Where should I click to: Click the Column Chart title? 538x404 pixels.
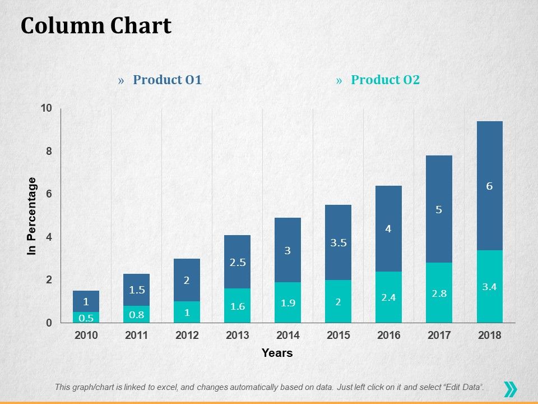96,26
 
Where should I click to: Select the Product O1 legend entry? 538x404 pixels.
167,80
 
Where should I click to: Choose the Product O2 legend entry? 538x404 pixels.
385,80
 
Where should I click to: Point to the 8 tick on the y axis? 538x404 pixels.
48,151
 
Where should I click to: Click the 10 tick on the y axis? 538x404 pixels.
46,108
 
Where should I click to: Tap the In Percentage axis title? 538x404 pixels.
32,216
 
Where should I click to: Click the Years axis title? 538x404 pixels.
277,353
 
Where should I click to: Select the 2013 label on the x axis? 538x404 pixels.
238,336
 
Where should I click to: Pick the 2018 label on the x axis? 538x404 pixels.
489,336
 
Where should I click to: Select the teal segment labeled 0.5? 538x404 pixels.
86,318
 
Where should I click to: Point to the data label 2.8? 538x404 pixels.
439,293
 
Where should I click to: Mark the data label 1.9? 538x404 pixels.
287,303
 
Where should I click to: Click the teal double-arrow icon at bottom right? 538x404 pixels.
510,389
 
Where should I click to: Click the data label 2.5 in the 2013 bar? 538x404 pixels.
238,262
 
